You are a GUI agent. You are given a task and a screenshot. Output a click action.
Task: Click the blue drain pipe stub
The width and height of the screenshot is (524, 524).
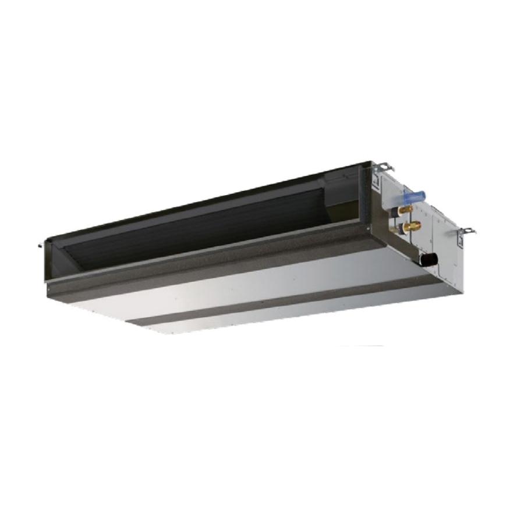coord(419,196)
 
